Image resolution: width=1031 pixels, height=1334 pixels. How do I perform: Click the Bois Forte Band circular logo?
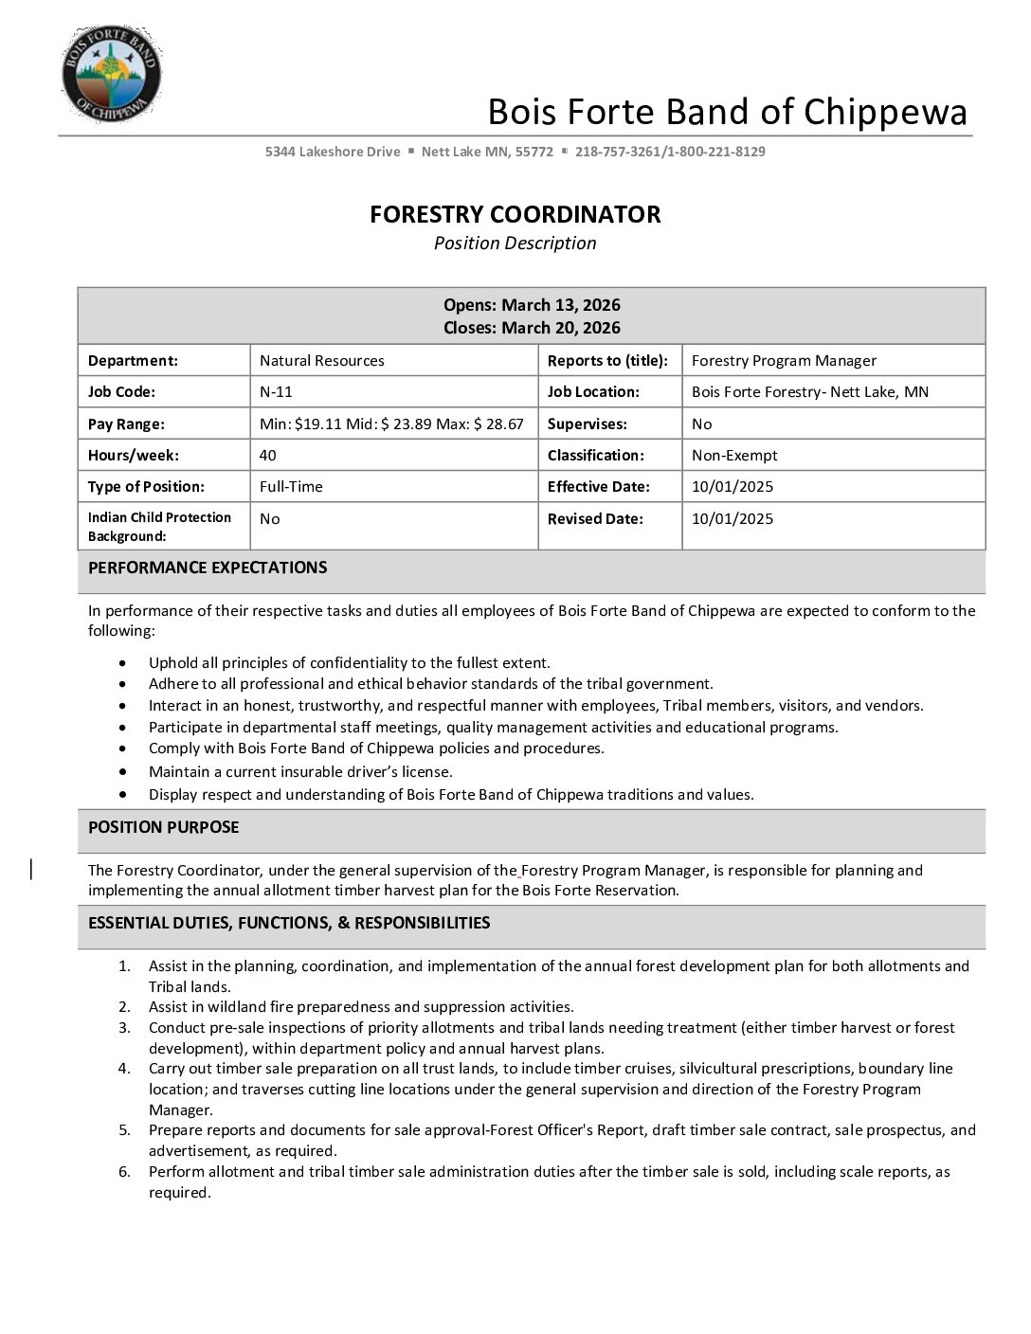point(111,74)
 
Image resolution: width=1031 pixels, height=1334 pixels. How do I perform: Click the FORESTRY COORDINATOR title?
point(515,214)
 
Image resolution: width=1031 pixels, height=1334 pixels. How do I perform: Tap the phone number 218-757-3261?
point(617,152)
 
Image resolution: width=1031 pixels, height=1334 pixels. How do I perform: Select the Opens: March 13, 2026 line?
point(532,305)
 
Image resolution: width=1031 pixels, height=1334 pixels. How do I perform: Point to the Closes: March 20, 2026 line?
point(532,328)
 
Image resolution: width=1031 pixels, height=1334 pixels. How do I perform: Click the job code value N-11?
point(276,391)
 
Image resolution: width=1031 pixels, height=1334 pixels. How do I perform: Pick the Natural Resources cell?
point(322,360)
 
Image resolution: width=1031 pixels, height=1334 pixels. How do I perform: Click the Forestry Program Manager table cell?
point(784,360)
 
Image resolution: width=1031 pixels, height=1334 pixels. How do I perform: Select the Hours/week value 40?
point(268,455)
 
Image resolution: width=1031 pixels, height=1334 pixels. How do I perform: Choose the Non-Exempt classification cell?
point(734,455)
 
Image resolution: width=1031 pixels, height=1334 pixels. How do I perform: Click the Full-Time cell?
point(291,486)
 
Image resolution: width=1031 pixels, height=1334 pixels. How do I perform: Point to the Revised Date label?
point(595,518)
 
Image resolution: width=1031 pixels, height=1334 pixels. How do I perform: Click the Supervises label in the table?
point(587,424)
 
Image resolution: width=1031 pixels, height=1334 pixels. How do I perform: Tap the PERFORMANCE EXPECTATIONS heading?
point(208,568)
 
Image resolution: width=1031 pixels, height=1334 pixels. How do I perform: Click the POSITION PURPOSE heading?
point(163,827)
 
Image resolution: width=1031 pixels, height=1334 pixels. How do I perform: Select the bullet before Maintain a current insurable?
point(123,772)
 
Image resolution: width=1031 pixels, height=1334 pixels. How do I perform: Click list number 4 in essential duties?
point(124,1069)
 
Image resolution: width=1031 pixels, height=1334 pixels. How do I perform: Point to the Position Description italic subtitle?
point(515,243)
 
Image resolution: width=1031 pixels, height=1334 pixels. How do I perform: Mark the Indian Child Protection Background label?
point(159,527)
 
